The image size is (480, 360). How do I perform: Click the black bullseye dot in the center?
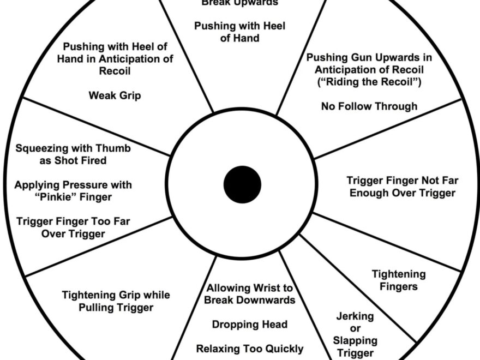pos(242,184)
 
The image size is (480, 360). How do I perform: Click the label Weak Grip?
pos(115,95)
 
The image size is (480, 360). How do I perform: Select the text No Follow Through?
pos(369,106)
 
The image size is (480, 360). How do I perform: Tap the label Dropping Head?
pos(249,325)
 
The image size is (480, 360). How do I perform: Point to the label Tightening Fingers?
pos(398,280)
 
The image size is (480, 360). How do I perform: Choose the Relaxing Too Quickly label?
pos(249,349)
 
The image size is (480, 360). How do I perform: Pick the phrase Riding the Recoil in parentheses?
pos(369,82)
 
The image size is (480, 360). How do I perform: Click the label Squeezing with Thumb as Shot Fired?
pos(73,154)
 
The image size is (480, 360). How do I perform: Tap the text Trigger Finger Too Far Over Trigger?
pos(73,227)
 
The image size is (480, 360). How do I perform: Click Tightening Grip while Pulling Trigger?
pos(116,301)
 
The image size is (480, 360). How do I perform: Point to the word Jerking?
pos(355,316)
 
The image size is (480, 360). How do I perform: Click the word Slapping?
pos(355,340)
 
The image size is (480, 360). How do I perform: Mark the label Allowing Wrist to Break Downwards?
pos(249,294)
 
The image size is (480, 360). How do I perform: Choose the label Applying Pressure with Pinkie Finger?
pos(73,191)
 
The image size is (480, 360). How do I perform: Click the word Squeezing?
pos(41,148)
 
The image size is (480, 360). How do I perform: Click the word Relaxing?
pos(218,349)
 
